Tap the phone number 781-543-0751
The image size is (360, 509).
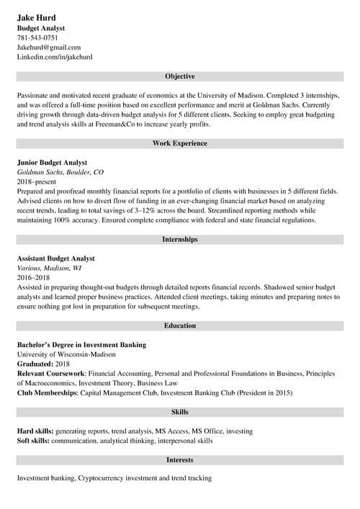click(37, 37)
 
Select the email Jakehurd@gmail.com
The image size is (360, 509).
click(49, 47)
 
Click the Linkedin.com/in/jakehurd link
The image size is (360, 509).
click(55, 56)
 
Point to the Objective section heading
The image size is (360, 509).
click(180, 76)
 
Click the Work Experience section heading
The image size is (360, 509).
click(180, 143)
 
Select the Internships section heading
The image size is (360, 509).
click(180, 239)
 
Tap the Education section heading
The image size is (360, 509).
click(180, 325)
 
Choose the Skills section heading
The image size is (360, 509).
click(180, 412)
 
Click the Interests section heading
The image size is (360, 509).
click(180, 459)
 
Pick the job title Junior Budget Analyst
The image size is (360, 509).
click(52, 163)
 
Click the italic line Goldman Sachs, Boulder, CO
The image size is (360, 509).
click(60, 173)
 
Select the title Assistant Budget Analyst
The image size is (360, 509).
click(56, 258)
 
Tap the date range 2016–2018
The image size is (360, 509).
click(35, 277)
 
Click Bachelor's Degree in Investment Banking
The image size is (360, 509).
click(81, 345)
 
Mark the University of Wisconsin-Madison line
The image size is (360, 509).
click(66, 354)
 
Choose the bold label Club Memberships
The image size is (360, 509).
click(49, 392)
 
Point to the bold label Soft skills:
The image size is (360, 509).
click(34, 440)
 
